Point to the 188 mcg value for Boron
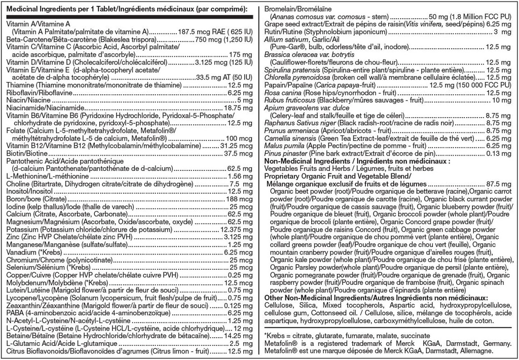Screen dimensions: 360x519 (x=237, y=199)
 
